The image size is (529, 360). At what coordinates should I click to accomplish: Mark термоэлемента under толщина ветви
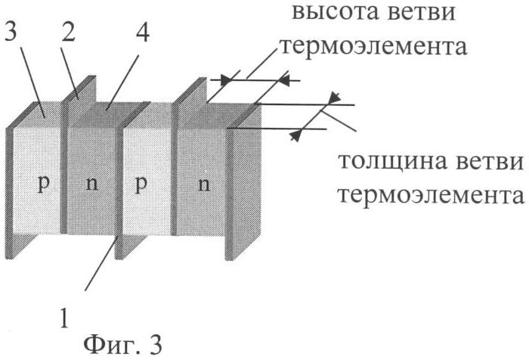430,195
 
